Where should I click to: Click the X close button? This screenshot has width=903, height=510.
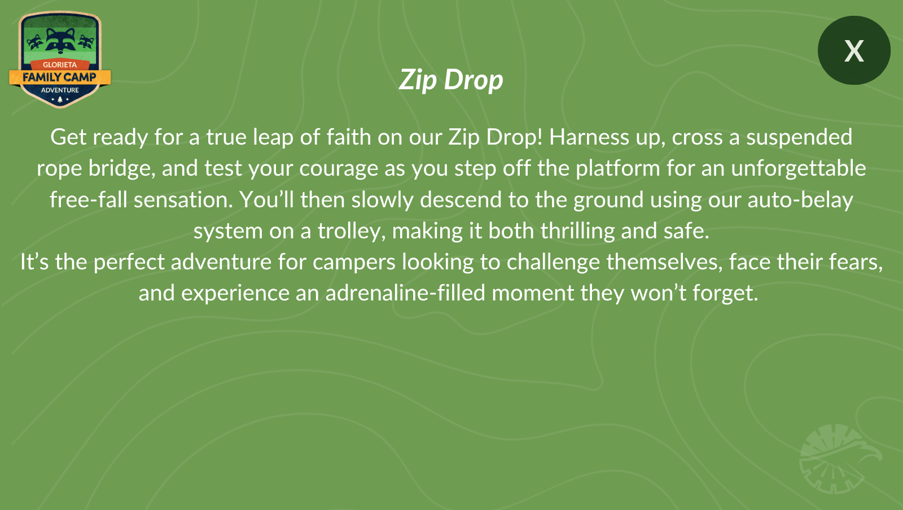[x=854, y=50]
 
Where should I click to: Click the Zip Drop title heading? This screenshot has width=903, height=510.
[x=451, y=80]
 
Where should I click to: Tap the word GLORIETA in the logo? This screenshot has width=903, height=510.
[x=60, y=64]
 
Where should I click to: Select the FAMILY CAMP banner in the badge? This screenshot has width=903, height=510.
[x=60, y=77]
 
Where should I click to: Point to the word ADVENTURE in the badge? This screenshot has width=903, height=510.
[x=60, y=90]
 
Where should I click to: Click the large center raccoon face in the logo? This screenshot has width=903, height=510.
[x=60, y=40]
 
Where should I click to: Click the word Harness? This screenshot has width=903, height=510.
[x=589, y=137]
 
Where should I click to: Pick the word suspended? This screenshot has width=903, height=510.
[x=799, y=138]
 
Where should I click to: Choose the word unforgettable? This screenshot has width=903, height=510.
[x=799, y=168]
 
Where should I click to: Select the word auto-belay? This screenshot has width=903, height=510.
[x=800, y=200]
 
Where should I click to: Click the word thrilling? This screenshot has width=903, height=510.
[x=578, y=231]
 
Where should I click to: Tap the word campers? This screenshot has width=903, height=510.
[x=354, y=263]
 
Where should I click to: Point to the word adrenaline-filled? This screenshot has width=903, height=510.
[x=405, y=293]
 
